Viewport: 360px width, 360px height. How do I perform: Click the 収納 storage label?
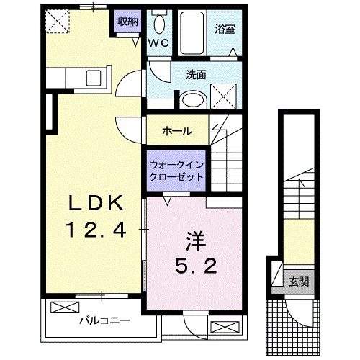click(127, 21)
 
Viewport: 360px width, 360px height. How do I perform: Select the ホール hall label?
click(177, 131)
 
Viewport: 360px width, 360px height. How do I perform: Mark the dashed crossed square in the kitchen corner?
click(57, 22)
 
